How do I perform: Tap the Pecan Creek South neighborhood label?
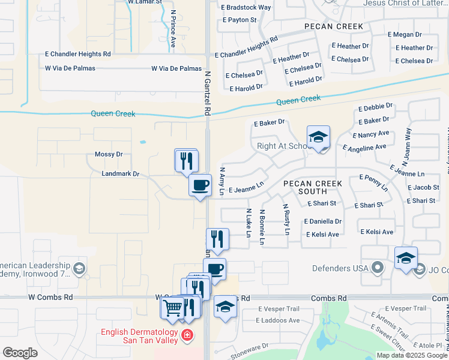(x=312, y=187)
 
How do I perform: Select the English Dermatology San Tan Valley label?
(x=139, y=336)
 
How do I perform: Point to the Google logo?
(x=20, y=353)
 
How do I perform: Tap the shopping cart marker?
(x=172, y=307)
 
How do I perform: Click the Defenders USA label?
(x=340, y=268)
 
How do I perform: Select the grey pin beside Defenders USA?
(x=377, y=267)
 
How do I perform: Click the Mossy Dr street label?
(x=109, y=154)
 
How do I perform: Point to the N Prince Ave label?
(x=173, y=28)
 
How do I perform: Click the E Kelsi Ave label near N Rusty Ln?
(x=322, y=235)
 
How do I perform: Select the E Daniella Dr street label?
(x=325, y=221)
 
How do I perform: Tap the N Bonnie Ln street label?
(x=262, y=227)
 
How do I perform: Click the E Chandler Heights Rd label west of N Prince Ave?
(x=78, y=54)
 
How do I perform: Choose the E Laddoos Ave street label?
(x=278, y=320)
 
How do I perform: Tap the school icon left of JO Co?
(x=406, y=258)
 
